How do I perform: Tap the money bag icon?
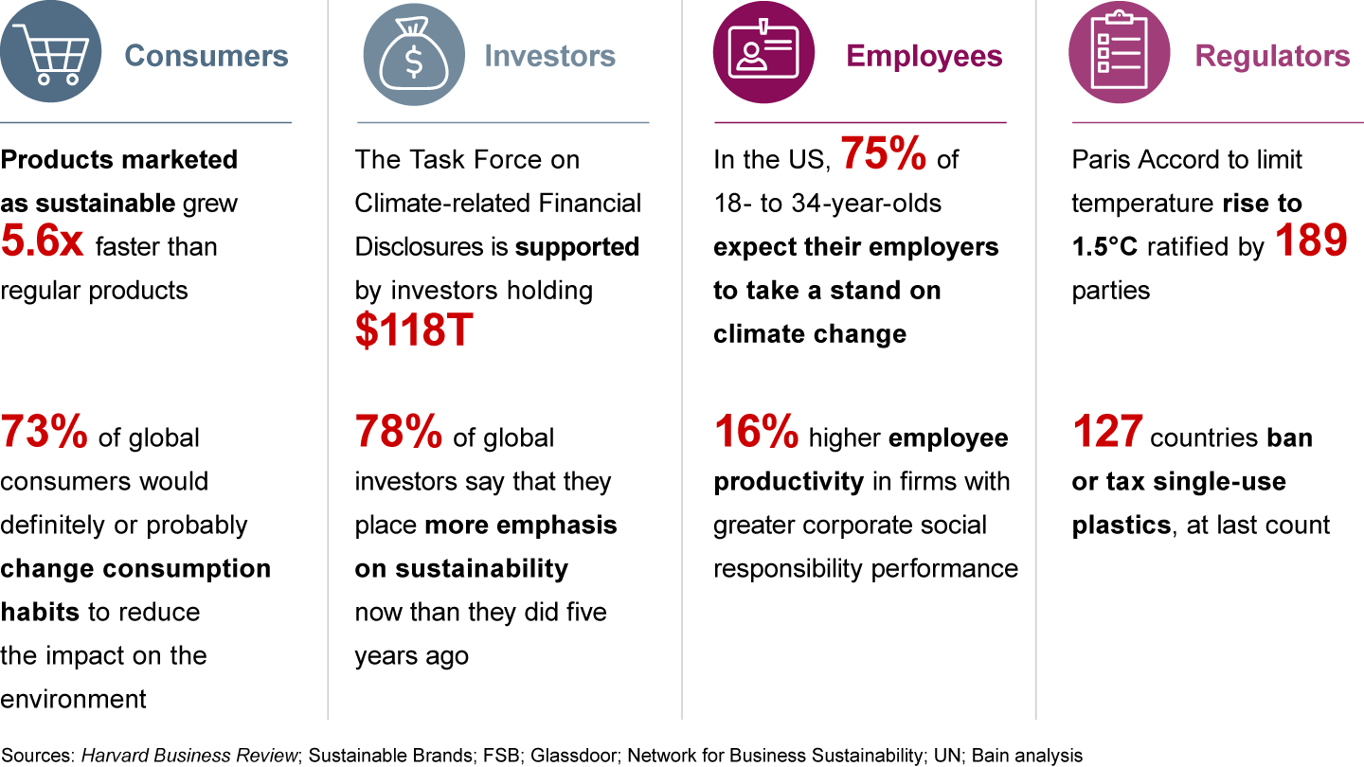pyautogui.click(x=414, y=55)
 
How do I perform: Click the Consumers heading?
pyautogui.click(x=206, y=56)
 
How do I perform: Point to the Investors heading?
pyautogui.click(x=549, y=56)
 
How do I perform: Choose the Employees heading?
pyautogui.click(x=924, y=56)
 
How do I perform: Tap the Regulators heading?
pyautogui.click(x=1272, y=56)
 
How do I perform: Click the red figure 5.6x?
pyautogui.click(x=43, y=242)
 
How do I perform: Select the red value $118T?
pyautogui.click(x=414, y=331)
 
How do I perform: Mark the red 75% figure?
pyautogui.click(x=884, y=155)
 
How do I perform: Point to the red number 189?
pyautogui.click(x=1310, y=242)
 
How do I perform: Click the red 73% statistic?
pyautogui.click(x=44, y=433)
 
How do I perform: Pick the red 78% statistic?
pyautogui.click(x=398, y=433)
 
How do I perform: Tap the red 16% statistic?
pyautogui.click(x=756, y=433)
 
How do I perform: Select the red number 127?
pyautogui.click(x=1106, y=433)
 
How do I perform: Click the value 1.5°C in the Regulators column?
pyautogui.click(x=1105, y=247)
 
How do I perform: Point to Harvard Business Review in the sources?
pyautogui.click(x=190, y=755)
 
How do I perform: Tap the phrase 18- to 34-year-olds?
pyautogui.click(x=827, y=204)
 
